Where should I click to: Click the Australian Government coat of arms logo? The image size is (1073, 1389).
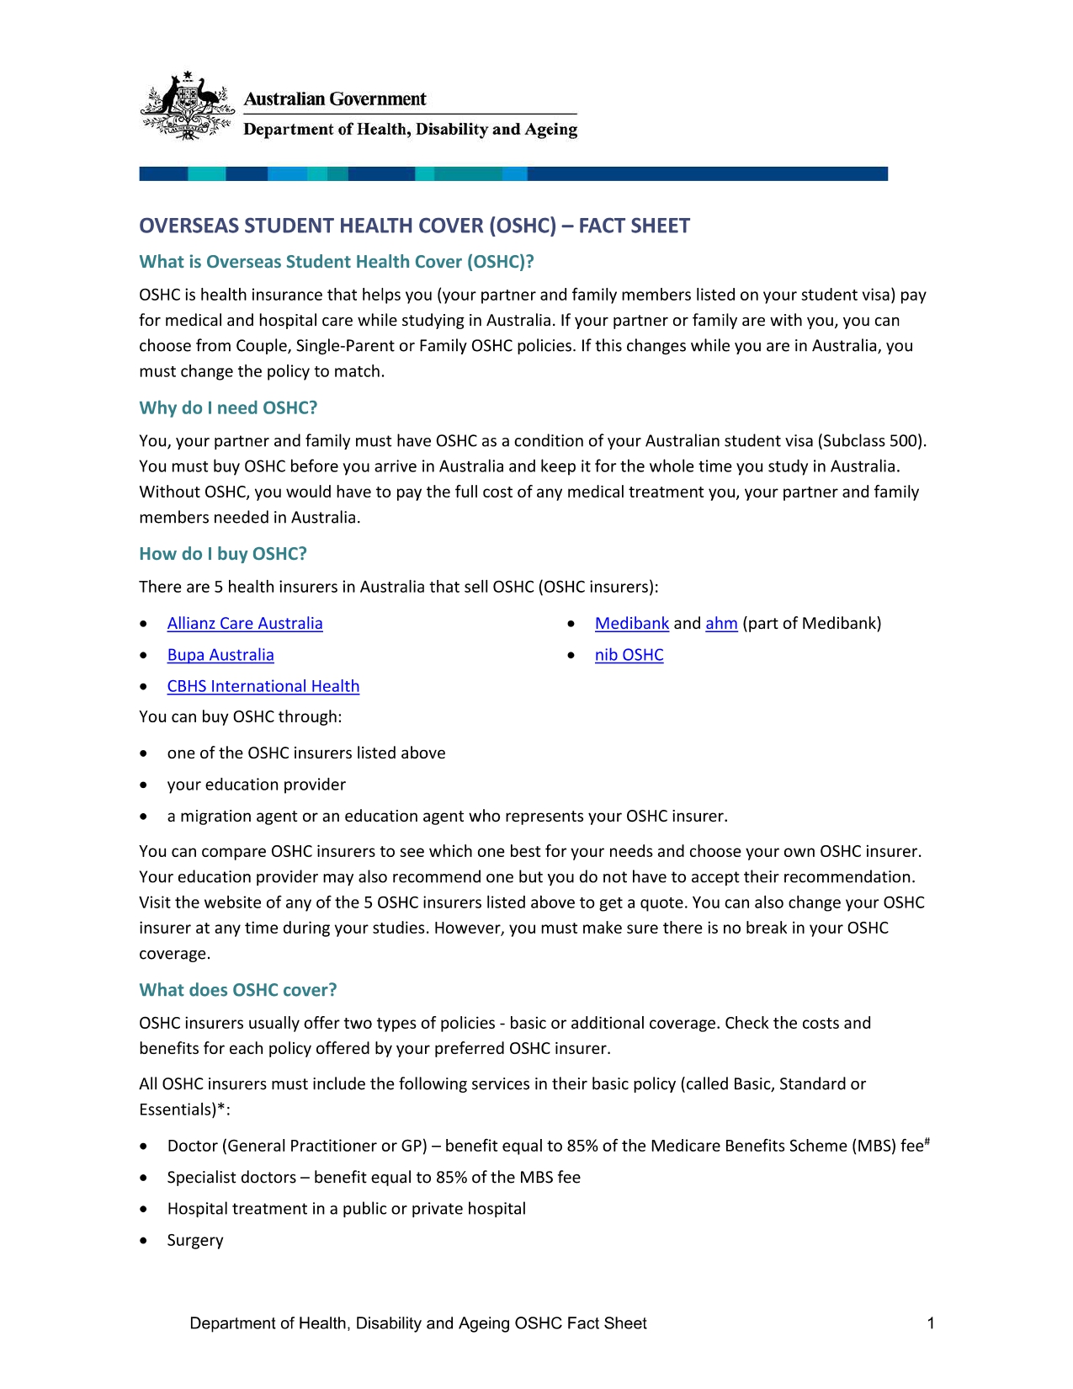click(186, 106)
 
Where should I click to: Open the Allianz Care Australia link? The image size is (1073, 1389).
click(245, 624)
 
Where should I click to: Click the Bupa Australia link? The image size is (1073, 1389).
click(220, 655)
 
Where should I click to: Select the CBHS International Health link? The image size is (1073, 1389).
click(263, 686)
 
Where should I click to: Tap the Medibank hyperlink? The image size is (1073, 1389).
click(631, 624)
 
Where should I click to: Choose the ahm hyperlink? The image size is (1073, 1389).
click(721, 624)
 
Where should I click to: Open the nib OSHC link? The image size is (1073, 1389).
click(629, 655)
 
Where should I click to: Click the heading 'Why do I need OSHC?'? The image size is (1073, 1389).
click(228, 408)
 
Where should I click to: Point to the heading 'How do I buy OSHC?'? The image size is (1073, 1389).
click(223, 554)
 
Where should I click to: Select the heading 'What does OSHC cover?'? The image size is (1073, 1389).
click(238, 990)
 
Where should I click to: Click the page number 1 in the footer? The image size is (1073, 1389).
click(931, 1323)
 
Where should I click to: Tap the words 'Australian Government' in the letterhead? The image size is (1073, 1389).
click(335, 99)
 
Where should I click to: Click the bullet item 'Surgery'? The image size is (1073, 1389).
click(195, 1240)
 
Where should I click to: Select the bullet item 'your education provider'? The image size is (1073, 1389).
click(257, 785)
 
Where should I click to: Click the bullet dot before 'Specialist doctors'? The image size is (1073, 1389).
click(146, 1178)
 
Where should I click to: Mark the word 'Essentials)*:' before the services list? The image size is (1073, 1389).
click(184, 1110)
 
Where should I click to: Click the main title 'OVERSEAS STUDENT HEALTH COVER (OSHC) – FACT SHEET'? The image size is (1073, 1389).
click(414, 226)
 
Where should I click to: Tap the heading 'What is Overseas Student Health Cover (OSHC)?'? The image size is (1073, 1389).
click(337, 262)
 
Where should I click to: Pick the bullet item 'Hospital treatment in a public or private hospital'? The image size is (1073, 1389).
click(347, 1209)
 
